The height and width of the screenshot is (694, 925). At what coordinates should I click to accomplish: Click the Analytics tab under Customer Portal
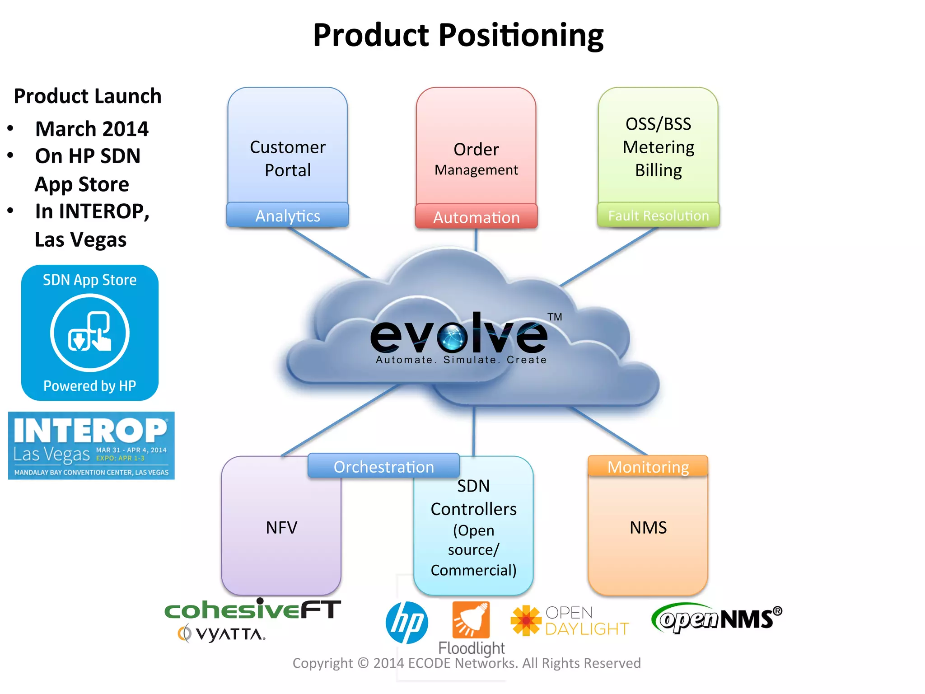tap(288, 216)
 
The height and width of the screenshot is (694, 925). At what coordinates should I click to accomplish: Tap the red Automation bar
tap(477, 217)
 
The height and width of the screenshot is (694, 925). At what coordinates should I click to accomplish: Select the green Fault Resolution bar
tap(658, 216)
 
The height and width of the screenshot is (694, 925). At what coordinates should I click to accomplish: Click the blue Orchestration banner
tap(383, 466)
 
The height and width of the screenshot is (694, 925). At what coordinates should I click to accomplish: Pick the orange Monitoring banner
tap(648, 466)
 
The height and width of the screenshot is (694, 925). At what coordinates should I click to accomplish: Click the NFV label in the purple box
tap(281, 527)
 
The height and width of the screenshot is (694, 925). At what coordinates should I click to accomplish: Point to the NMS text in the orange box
tap(648, 527)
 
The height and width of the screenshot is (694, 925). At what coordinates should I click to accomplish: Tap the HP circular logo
tap(406, 622)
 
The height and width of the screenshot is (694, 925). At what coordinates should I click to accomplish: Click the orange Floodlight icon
tap(471, 619)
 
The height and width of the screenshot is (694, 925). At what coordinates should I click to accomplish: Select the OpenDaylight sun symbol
tap(526, 620)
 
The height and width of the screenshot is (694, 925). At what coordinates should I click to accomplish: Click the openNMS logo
tap(716, 618)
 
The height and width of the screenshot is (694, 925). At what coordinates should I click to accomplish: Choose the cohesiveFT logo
tap(252, 610)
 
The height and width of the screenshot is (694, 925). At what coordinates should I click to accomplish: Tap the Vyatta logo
tap(222, 634)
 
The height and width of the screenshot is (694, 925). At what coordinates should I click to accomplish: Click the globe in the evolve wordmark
tap(453, 337)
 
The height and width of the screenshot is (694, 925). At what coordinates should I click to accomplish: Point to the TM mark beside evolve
tap(555, 317)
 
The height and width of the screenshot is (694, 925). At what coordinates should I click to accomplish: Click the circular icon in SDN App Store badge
tap(90, 333)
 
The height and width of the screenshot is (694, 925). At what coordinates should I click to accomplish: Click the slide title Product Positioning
tap(458, 35)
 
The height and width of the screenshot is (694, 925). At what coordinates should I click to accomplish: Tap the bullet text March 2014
tap(92, 129)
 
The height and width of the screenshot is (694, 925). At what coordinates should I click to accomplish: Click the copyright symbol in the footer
tap(363, 663)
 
